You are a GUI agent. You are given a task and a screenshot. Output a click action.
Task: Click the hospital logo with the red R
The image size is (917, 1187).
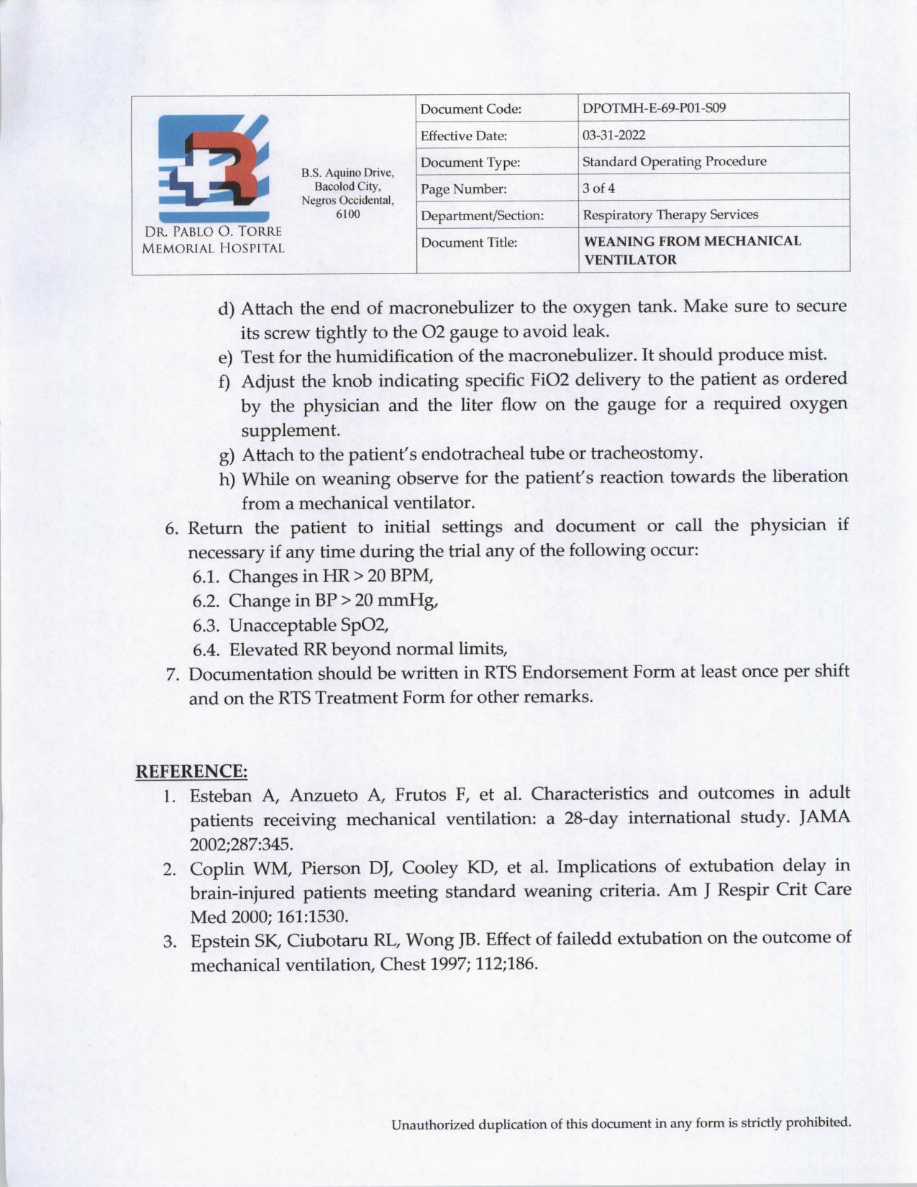[x=213, y=167]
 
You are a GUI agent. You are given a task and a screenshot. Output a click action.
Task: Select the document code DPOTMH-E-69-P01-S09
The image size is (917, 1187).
[x=654, y=109]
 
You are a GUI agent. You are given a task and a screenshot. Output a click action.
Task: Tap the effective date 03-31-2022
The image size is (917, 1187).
[x=613, y=135]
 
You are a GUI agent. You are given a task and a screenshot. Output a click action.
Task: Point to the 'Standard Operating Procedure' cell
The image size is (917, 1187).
[x=674, y=161]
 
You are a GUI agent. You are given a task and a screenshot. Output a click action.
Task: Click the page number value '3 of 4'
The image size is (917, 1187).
[x=598, y=188]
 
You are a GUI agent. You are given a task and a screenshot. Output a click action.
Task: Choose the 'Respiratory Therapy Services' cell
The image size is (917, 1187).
[x=670, y=214]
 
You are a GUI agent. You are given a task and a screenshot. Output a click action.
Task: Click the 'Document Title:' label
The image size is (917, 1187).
[x=468, y=242]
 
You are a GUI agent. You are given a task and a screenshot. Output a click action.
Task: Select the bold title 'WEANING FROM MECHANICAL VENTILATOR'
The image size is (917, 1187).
[x=692, y=250]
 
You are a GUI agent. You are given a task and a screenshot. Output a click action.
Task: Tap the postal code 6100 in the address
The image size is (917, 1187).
[x=348, y=214]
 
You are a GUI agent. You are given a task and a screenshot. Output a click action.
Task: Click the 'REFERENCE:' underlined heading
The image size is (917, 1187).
[x=192, y=771]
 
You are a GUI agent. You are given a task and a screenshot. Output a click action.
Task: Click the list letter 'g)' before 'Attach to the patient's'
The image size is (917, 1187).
[x=227, y=455]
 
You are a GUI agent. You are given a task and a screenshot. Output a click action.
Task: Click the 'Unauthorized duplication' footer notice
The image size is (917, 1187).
[x=621, y=1124]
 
